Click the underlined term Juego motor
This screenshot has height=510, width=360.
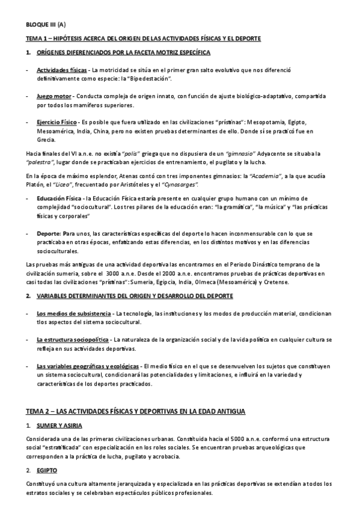tap(53, 96)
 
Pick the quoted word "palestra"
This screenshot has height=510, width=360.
tap(41, 162)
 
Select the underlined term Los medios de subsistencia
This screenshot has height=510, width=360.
tap(73, 314)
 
